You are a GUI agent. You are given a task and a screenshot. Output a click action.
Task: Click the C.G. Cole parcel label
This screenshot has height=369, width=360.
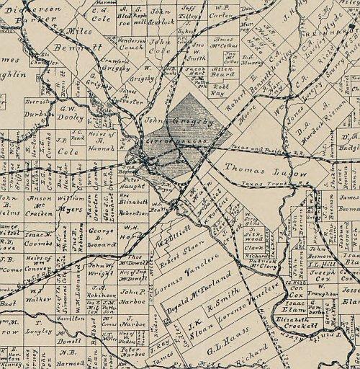point(101,15)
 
